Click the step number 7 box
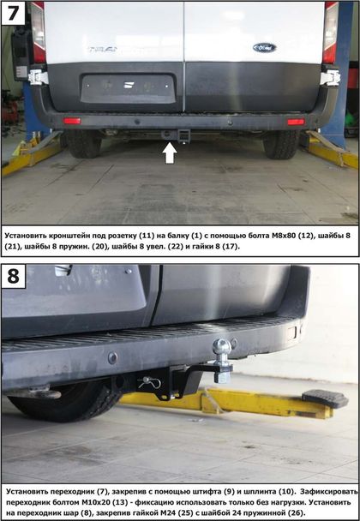coord(14,13)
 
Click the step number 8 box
coord(14,276)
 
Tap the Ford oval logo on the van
coord(265,47)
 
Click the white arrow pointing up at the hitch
coord(170,153)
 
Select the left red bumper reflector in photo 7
coord(72,121)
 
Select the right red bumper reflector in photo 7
coord(296,122)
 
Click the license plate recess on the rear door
coord(129,89)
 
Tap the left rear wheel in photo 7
coord(83,144)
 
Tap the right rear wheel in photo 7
coord(281,144)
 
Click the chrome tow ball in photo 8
coord(222,348)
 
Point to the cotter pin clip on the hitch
coord(149,382)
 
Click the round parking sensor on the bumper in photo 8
coord(112,358)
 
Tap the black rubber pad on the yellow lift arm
coord(325,398)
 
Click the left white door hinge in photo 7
coord(38,77)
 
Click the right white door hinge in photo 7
coord(330,78)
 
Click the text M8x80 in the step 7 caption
coord(284,236)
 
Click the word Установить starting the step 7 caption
coord(26,236)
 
